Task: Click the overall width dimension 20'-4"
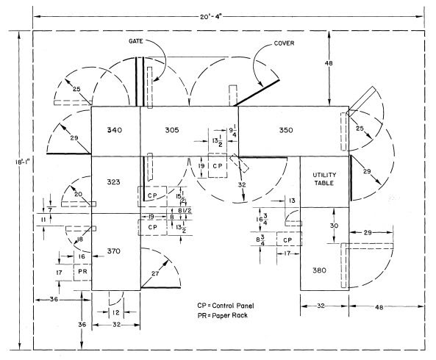click(x=211, y=17)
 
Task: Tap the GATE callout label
click(x=136, y=41)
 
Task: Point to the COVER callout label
click(x=284, y=43)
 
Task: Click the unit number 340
click(x=114, y=130)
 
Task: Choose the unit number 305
click(x=172, y=130)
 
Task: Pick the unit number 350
click(x=286, y=130)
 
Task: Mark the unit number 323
click(x=113, y=182)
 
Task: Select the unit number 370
click(x=114, y=251)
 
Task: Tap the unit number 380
click(x=319, y=270)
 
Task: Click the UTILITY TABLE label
click(x=324, y=179)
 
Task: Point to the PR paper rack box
click(x=82, y=273)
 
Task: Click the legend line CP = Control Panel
click(x=226, y=306)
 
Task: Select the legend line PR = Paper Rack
click(x=223, y=316)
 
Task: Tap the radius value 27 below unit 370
click(x=155, y=273)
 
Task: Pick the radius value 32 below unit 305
click(x=242, y=184)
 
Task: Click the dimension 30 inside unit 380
click(x=334, y=226)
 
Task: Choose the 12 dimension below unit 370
click(x=116, y=313)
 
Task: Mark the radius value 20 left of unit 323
click(x=78, y=194)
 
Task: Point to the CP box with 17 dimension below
click(x=289, y=239)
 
